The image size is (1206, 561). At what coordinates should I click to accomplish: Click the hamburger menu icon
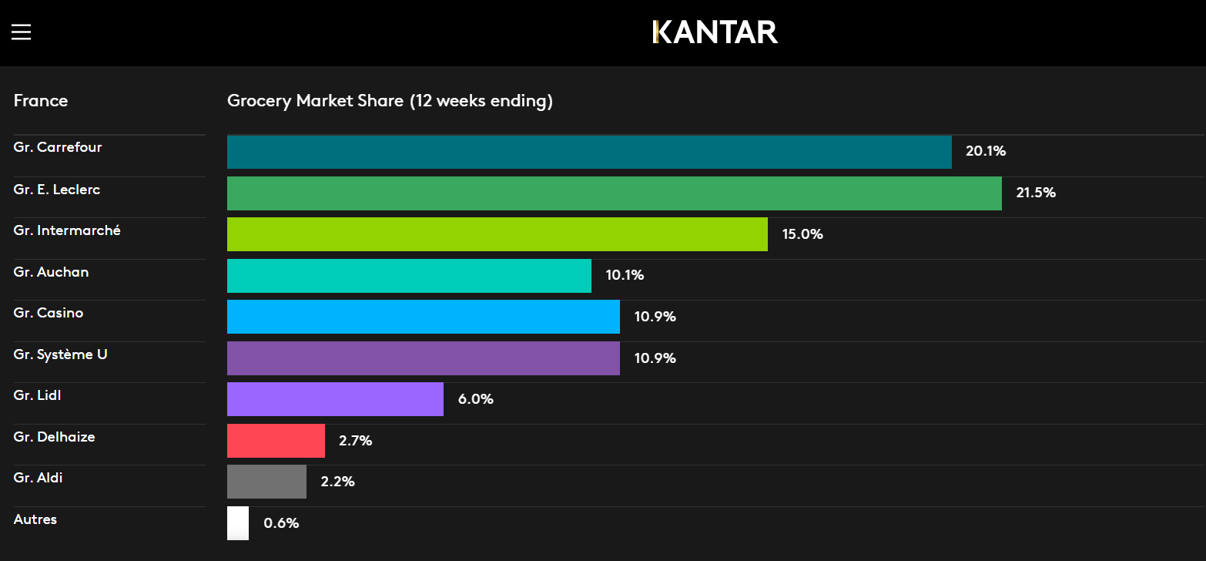point(21,32)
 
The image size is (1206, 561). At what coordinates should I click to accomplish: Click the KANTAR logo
point(715,32)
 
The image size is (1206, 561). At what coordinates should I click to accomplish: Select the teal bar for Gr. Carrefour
point(589,152)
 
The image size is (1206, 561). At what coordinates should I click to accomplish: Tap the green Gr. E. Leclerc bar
point(614,193)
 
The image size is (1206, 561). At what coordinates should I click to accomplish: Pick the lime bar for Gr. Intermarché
point(497,234)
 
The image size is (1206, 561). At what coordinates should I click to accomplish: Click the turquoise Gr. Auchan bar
point(409,276)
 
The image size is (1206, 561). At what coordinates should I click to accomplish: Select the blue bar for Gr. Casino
point(423,317)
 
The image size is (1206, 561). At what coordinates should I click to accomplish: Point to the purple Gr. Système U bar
point(423,358)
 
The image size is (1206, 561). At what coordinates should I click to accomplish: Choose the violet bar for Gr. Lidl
point(335,399)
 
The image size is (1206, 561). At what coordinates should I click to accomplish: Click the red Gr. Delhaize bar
point(276,441)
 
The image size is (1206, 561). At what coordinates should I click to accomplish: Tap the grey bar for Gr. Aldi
point(266,482)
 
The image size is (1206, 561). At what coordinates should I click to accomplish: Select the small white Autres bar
point(238,523)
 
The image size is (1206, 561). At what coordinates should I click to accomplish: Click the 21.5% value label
point(1036,193)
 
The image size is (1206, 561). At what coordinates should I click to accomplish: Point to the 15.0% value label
point(802,234)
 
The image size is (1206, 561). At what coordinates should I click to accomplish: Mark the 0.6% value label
point(281,523)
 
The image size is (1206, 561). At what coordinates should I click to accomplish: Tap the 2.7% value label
point(355,441)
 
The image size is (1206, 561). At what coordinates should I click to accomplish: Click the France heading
point(41,101)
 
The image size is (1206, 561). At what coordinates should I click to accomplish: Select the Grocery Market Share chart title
point(390,101)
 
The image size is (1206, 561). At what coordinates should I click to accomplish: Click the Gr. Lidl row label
point(37,395)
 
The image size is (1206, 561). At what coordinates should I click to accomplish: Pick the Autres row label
point(35,519)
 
